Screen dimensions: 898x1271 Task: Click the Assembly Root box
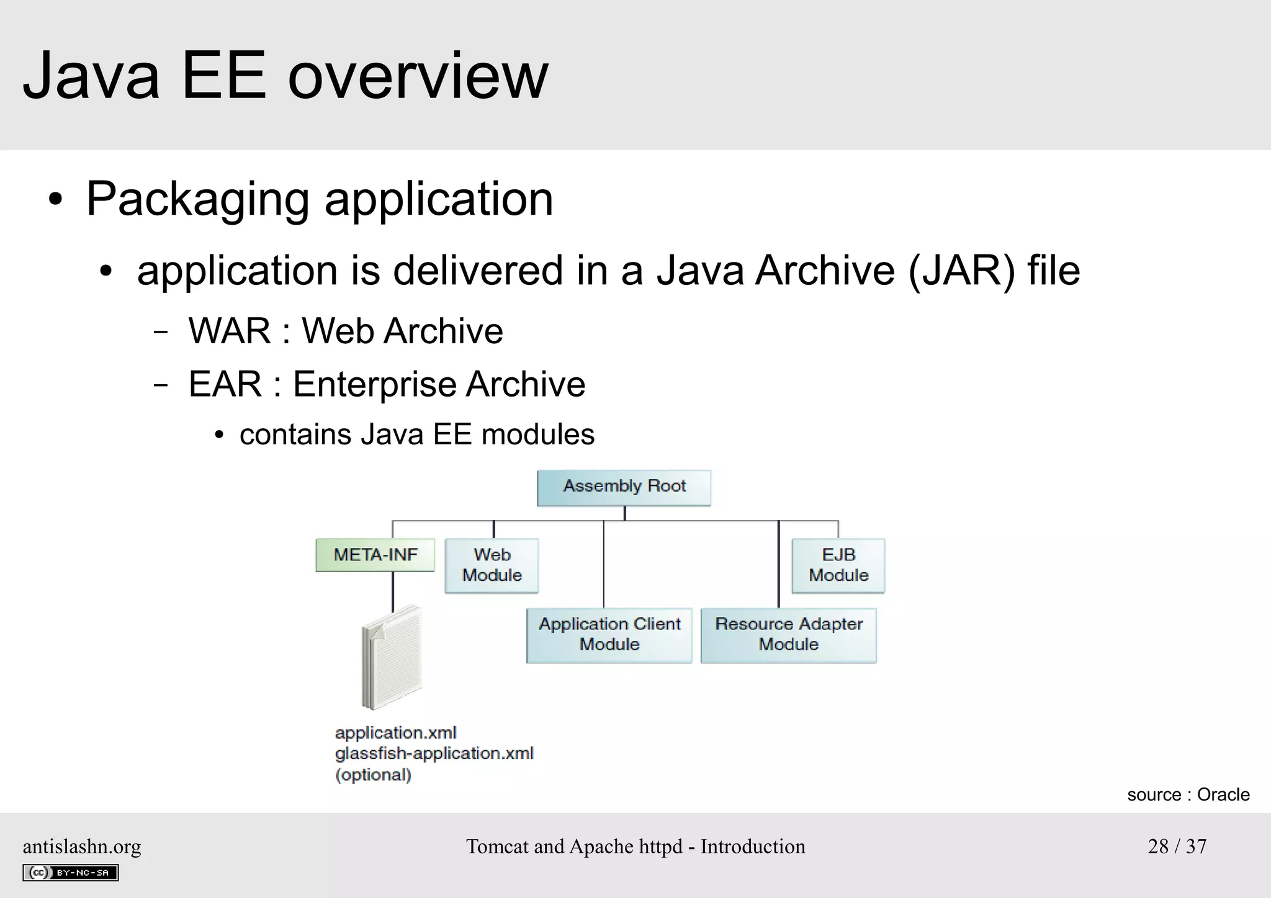[624, 487]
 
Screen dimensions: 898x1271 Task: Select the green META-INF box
[375, 555]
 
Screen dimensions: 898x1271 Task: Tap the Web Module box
[492, 565]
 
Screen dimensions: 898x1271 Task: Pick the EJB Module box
[838, 565]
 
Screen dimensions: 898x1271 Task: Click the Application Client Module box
[609, 635]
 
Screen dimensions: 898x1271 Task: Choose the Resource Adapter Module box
[788, 635]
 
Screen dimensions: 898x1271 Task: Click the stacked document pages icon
[392, 658]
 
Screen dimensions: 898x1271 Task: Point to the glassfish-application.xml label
[434, 753]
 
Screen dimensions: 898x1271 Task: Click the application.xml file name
[395, 733]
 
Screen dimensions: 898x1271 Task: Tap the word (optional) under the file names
[373, 775]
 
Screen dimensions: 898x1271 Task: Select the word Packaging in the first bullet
[197, 200]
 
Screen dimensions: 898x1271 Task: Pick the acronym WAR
[230, 331]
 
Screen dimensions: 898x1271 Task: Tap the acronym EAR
[225, 384]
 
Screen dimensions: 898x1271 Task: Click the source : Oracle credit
[1188, 794]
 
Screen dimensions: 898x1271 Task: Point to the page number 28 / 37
[1177, 846]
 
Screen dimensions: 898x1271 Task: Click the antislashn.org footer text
[82, 846]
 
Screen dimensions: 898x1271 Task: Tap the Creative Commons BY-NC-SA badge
[70, 873]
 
